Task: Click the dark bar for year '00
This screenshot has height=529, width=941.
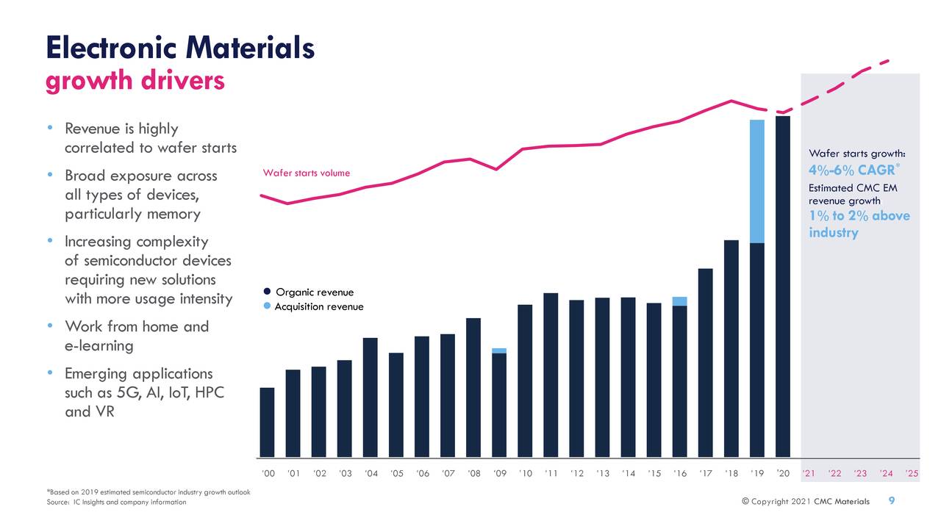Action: point(267,422)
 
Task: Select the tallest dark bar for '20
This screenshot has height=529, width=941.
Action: point(782,287)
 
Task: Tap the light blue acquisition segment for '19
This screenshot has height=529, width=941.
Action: point(756,181)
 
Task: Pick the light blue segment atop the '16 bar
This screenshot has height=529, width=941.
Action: point(679,301)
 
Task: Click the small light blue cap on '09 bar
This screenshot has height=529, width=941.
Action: point(499,350)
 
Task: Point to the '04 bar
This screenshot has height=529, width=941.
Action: point(370,397)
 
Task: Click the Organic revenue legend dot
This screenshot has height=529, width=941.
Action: point(267,292)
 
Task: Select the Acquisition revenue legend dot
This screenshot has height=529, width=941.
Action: point(267,306)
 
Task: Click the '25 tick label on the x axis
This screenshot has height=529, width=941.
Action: point(912,473)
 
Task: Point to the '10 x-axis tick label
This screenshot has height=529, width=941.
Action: point(525,473)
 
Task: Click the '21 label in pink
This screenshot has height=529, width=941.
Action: point(809,473)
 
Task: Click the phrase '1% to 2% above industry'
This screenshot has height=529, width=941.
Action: point(859,224)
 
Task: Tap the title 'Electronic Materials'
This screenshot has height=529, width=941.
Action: point(180,48)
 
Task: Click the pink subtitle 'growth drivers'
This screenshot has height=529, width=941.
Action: point(135,82)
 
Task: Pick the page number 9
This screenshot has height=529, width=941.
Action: point(892,501)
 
